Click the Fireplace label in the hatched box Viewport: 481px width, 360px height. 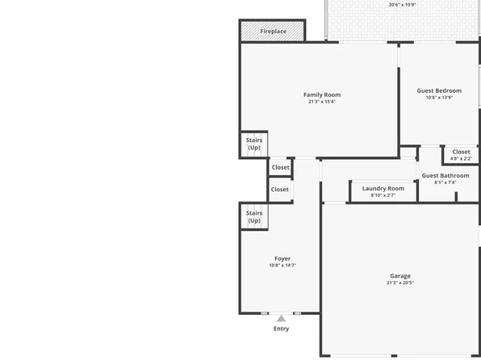click(273, 31)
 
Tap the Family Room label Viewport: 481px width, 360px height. click(321, 94)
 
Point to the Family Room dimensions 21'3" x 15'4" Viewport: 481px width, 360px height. click(321, 102)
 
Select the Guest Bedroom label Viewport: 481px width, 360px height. click(439, 90)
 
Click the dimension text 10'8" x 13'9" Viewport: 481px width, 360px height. click(439, 98)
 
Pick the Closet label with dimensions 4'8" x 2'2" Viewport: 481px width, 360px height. click(461, 152)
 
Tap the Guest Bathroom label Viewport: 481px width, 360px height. click(445, 175)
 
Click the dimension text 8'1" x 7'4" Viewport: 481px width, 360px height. click(445, 182)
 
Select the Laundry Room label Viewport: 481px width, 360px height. click(383, 188)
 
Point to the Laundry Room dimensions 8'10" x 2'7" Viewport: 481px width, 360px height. click(383, 195)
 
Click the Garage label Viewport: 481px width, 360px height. click(400, 275)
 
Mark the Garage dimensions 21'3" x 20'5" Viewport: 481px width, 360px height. click(400, 283)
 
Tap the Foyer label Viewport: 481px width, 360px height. click(282, 258)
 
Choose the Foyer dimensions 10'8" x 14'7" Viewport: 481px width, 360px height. click(282, 266)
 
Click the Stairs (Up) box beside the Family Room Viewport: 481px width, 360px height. click(254, 144)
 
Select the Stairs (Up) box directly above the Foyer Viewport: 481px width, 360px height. click(254, 217)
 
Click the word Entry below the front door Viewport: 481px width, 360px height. click(281, 329)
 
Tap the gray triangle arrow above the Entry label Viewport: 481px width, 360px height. click(281, 319)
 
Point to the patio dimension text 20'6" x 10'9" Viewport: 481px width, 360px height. click(402, 5)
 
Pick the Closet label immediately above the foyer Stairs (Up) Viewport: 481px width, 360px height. click(280, 190)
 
